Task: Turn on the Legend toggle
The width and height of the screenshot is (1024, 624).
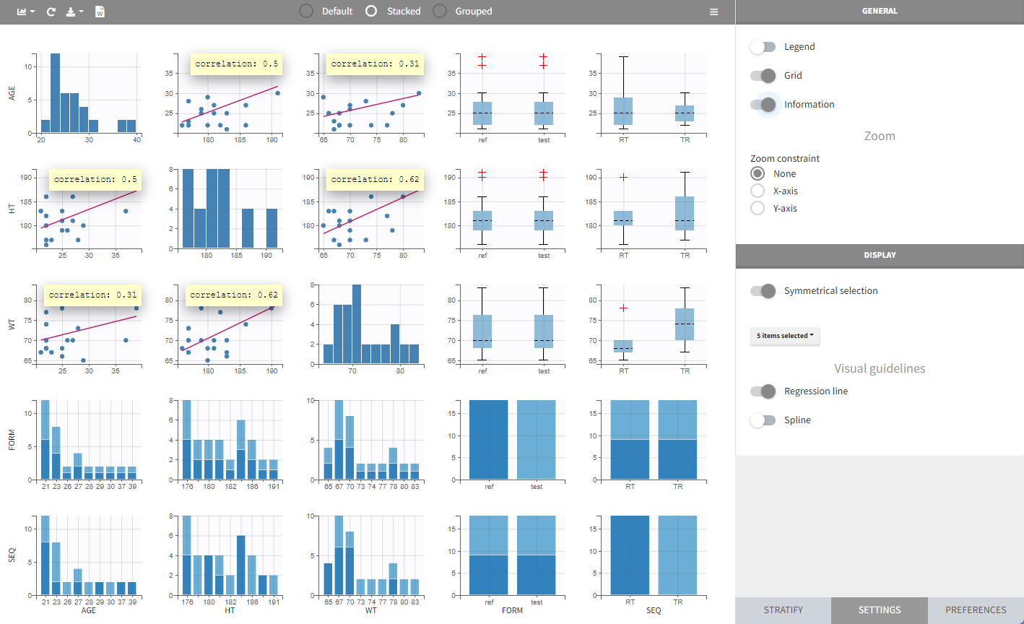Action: [762, 47]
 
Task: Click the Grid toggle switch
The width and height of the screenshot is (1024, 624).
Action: [762, 76]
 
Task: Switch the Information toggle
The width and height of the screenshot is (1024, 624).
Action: [762, 105]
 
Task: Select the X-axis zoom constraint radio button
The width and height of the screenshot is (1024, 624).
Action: [758, 191]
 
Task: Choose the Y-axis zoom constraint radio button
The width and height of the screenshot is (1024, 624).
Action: [758, 208]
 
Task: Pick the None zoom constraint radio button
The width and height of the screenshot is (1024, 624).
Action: [758, 173]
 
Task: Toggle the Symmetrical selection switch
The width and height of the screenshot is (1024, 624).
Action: [762, 291]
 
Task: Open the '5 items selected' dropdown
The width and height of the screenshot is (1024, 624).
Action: [785, 336]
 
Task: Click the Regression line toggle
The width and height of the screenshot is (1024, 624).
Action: [762, 391]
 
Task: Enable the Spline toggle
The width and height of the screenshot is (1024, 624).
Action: [762, 420]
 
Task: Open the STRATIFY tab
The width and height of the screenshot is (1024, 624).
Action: [783, 610]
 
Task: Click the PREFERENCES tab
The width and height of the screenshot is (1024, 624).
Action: [976, 610]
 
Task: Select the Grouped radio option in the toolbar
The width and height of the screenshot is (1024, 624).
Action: [440, 12]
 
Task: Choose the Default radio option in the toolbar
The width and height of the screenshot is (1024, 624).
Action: [306, 12]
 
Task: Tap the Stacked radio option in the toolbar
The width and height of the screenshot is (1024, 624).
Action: [372, 12]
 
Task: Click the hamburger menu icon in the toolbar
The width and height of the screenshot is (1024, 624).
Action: [713, 12]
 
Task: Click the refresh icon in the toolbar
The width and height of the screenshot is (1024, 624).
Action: [51, 12]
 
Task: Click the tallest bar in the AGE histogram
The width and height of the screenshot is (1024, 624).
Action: [55, 93]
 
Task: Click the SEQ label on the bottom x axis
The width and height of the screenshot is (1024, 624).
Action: [654, 610]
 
